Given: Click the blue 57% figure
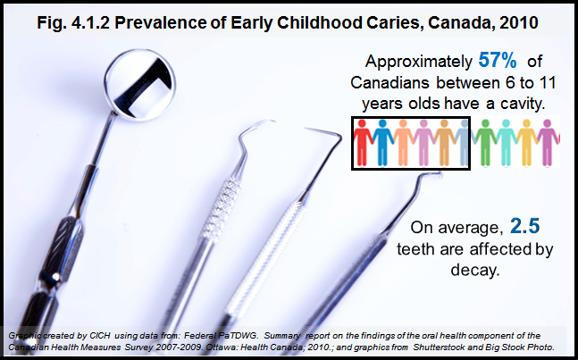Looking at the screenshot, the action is [x=498, y=60].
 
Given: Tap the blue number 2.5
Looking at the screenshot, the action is [x=525, y=226].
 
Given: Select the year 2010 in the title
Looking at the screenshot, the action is [x=519, y=23].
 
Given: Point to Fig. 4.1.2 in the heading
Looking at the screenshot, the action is [x=73, y=23].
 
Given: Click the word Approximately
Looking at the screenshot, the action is [x=418, y=62].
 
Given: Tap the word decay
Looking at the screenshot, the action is [x=475, y=270].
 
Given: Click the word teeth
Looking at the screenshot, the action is [x=415, y=249].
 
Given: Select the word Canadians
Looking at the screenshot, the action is [x=390, y=82].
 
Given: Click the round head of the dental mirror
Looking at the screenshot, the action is [x=139, y=85].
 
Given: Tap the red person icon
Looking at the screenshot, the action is [x=363, y=143].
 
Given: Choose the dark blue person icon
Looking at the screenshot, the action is [x=382, y=143].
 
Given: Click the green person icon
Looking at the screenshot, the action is [x=485, y=143].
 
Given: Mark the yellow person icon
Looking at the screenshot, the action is [x=526, y=143].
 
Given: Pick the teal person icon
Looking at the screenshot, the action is [x=507, y=143].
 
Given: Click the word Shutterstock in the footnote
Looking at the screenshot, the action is [x=438, y=347].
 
